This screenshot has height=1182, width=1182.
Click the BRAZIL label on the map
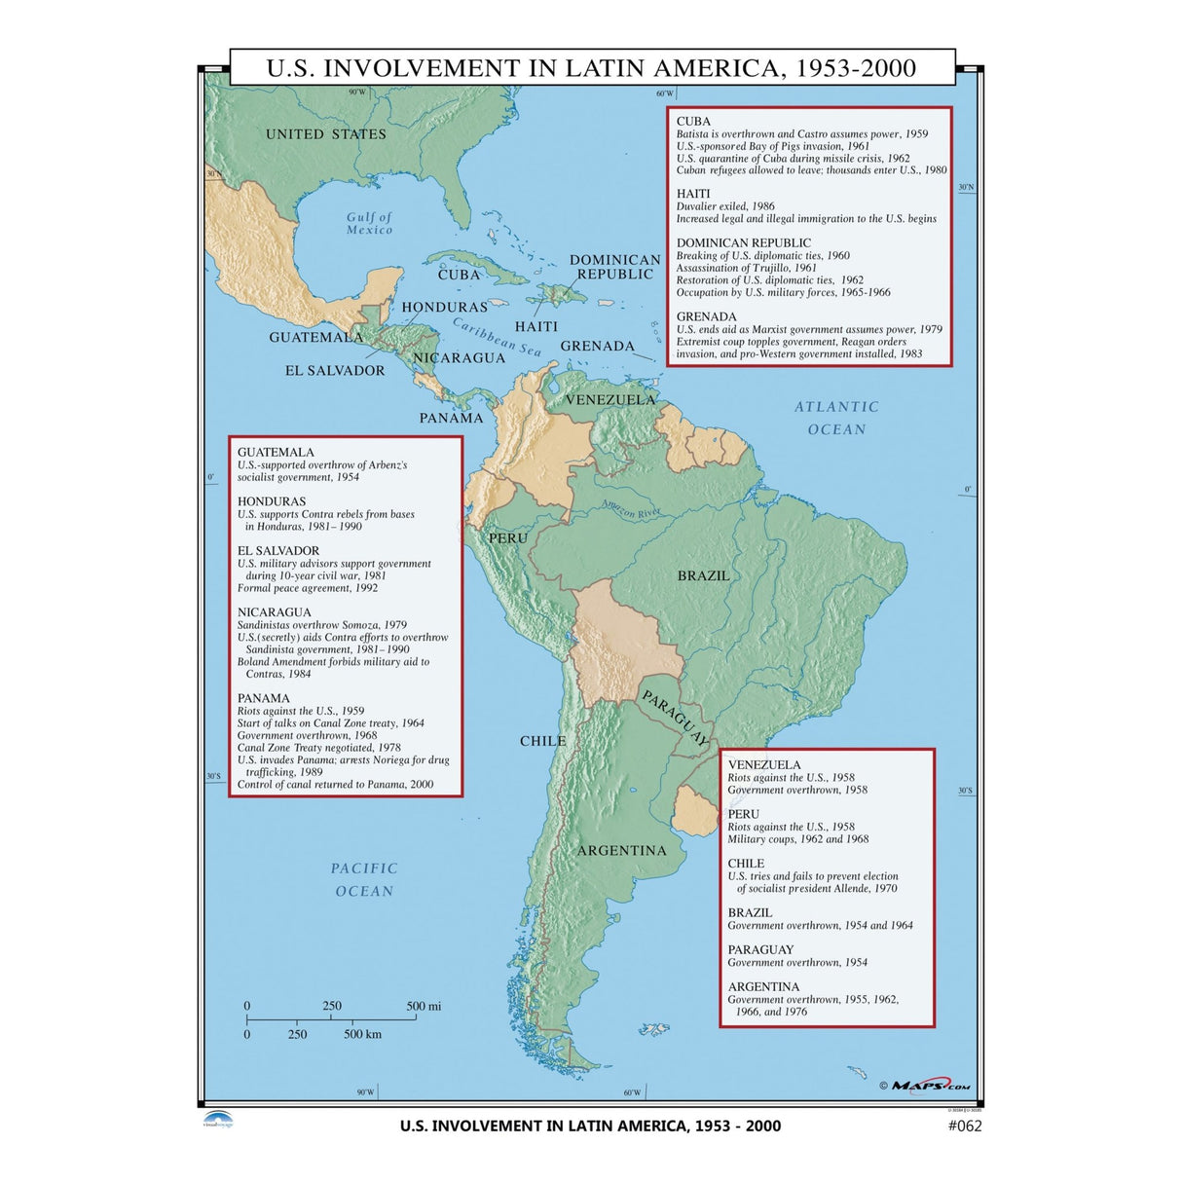pos(703,575)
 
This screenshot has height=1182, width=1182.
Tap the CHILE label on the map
pos(542,741)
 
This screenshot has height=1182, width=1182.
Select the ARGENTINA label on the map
pos(621,850)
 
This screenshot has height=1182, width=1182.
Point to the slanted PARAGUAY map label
pos(675,719)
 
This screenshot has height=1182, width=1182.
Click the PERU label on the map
pos(507,537)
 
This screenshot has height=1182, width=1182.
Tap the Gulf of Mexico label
pos(369,224)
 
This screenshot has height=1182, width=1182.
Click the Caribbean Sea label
pos(497,337)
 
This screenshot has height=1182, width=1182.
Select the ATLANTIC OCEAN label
pos(836,418)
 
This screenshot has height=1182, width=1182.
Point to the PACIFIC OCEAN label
pos(364,879)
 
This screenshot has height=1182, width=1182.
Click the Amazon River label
pos(631,507)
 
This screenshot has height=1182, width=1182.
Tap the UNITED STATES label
pos(326,134)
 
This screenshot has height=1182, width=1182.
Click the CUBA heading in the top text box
pos(693,122)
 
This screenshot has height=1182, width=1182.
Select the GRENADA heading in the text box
pos(706,316)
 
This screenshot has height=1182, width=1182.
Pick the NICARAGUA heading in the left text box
pos(274,612)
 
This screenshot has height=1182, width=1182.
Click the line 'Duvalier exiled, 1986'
pos(725,206)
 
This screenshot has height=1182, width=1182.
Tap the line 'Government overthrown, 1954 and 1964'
pos(820,925)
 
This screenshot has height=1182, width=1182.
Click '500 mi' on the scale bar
pos(424,1006)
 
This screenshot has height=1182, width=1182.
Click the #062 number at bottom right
pos(964,1127)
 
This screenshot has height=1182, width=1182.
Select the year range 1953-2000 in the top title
pos(856,68)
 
